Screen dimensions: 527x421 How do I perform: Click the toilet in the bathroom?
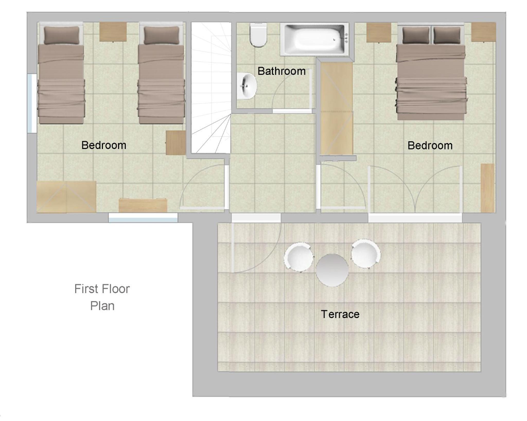tap(258, 35)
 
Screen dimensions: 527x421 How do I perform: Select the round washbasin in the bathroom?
tap(247, 86)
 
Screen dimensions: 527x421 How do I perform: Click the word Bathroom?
tap(282, 71)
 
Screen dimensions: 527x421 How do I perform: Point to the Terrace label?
tap(340, 314)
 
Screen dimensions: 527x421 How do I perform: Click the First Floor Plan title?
tap(102, 297)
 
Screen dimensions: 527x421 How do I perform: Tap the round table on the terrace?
tap(332, 270)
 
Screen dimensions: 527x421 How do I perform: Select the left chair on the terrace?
tap(298, 257)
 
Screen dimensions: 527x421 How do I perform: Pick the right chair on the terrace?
tap(366, 254)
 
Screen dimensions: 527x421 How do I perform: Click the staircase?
tap(211, 87)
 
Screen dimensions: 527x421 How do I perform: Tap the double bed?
tap(431, 72)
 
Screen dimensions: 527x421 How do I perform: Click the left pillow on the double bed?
tap(416, 35)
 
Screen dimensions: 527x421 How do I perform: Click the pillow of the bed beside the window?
tap(62, 35)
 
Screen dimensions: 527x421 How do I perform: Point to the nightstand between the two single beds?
tap(113, 32)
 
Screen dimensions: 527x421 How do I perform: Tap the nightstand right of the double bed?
tap(484, 32)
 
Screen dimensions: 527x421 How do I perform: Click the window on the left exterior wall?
tap(32, 103)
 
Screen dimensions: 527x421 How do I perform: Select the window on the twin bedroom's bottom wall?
tap(143, 217)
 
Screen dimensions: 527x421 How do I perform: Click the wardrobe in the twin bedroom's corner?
tap(66, 197)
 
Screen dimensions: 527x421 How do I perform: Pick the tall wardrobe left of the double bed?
tap(337, 108)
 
